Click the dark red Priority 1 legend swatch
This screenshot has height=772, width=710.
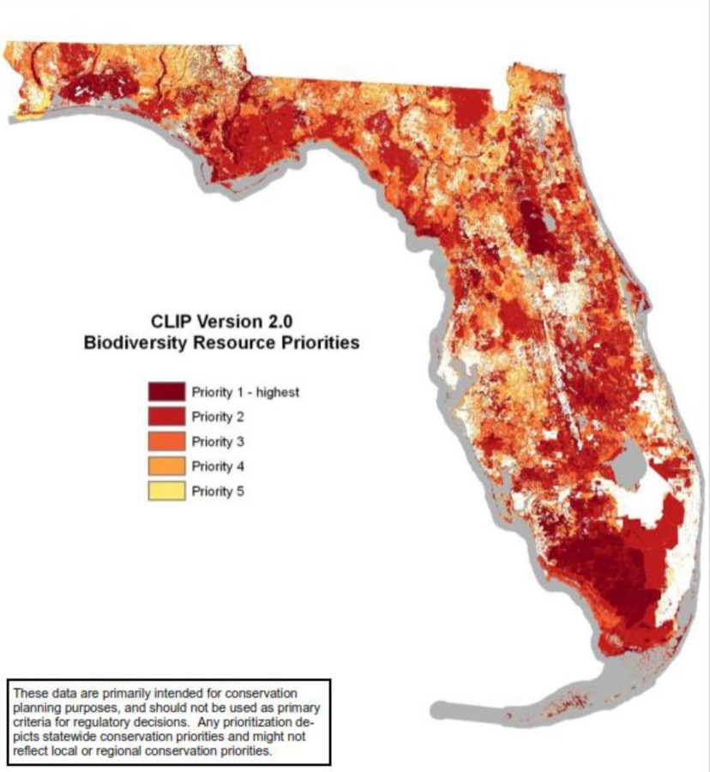tap(166, 393)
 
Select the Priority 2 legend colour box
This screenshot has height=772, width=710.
tap(166, 418)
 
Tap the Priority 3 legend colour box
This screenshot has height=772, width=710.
tap(166, 443)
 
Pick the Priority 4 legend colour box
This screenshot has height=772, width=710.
tap(166, 467)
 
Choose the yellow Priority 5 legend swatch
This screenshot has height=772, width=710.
tap(166, 492)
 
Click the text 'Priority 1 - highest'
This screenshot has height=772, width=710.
tap(244, 393)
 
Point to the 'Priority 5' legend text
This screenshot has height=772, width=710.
tap(217, 492)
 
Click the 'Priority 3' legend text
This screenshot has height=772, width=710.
tap(217, 443)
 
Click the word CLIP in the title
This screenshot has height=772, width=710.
tap(171, 323)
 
